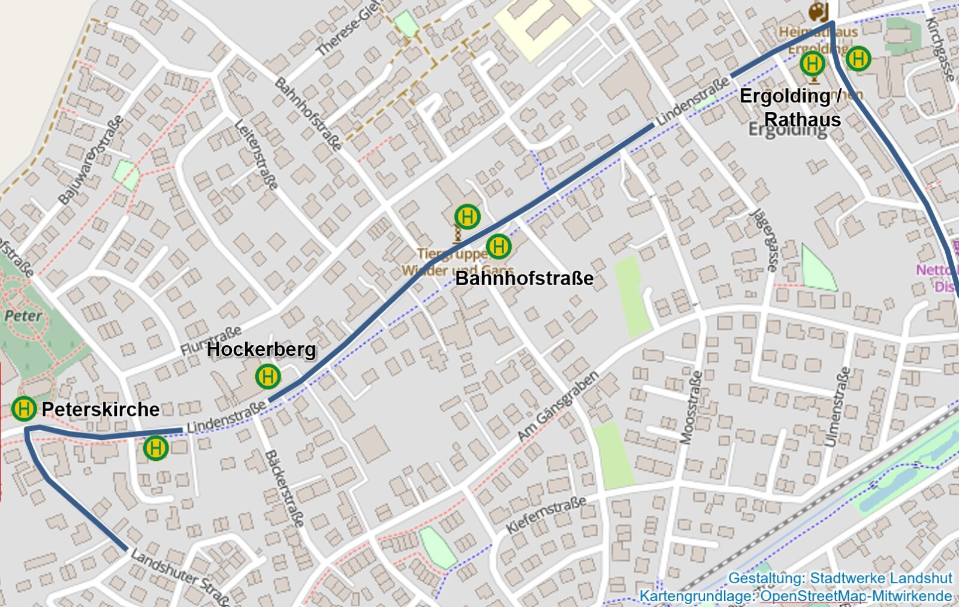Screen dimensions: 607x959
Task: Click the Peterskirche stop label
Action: pos(100,409)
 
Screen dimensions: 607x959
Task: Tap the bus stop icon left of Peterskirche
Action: pos(24,409)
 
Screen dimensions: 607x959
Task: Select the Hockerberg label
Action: pos(261,349)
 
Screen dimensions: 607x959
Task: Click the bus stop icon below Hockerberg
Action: pos(268,377)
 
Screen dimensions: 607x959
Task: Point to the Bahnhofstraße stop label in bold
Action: pos(524,278)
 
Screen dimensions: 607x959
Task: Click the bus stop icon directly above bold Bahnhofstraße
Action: pos(498,246)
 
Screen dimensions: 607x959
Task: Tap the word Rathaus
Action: pos(803,120)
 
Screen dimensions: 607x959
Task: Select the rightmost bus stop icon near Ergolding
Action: pos(858,59)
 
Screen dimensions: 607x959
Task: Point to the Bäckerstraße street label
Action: pos(284,488)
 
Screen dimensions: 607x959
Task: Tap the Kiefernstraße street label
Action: pos(546,515)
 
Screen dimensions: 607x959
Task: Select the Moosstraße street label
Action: pos(690,407)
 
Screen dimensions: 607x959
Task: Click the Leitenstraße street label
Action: pos(256,155)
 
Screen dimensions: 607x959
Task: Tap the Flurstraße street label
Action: pos(211,340)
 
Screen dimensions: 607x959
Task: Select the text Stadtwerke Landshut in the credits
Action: pos(880,578)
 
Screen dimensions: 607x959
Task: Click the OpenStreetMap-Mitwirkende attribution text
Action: pos(856,596)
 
